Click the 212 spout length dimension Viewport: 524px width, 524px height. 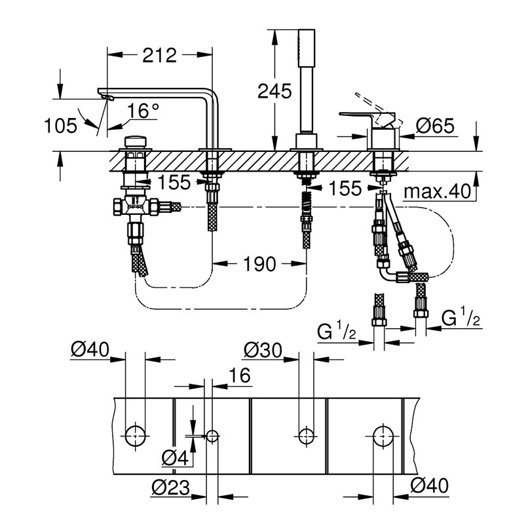pos(159,56)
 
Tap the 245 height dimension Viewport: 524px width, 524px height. pos(274,91)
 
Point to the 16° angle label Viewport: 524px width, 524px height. pos(143,111)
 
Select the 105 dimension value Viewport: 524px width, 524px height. pos(60,126)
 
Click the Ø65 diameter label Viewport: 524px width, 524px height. pos(435,126)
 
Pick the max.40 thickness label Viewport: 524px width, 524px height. pos(437,191)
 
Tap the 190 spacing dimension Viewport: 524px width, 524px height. pos(259,264)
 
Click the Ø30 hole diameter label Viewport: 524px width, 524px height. pos(263,350)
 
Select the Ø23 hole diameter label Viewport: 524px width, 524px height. pos(170,487)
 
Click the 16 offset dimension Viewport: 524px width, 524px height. pos(240,375)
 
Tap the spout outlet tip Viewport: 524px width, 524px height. pos(107,97)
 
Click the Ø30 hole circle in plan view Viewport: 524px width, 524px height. pos(306,436)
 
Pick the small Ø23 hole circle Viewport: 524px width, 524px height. pos(212,436)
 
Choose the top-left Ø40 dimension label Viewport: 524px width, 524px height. pos(90,350)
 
